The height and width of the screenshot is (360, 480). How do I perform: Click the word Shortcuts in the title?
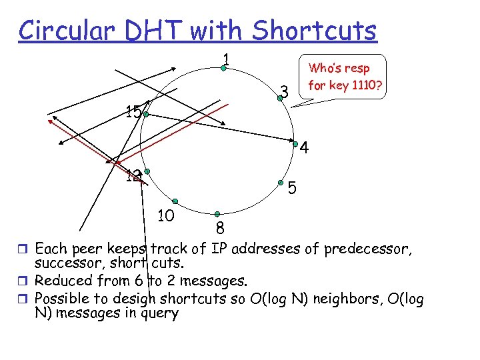coord(315,30)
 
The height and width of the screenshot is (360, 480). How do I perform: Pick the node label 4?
coord(304,147)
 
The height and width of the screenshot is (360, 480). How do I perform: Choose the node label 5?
coord(292,189)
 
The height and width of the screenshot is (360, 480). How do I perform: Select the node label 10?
coord(165,215)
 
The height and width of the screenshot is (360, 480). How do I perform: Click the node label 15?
coord(133,111)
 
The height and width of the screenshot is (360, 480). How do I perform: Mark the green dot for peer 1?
coord(224,68)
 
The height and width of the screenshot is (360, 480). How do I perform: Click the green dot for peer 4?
coord(295,143)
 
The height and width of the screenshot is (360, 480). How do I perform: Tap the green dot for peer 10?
coord(175,201)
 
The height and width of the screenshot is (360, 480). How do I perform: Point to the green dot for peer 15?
coord(145,114)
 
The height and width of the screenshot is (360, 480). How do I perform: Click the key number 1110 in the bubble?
coord(354,85)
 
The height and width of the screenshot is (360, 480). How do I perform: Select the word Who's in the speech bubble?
coord(323,69)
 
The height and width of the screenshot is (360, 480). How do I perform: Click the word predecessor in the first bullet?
coord(369,249)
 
